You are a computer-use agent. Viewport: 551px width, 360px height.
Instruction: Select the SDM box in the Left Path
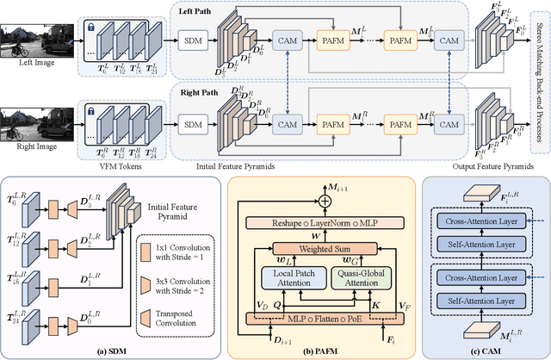[195, 41]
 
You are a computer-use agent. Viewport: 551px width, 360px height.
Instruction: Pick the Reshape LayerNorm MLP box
[324, 222]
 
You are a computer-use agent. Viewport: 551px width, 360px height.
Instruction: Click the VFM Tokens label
[119, 166]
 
